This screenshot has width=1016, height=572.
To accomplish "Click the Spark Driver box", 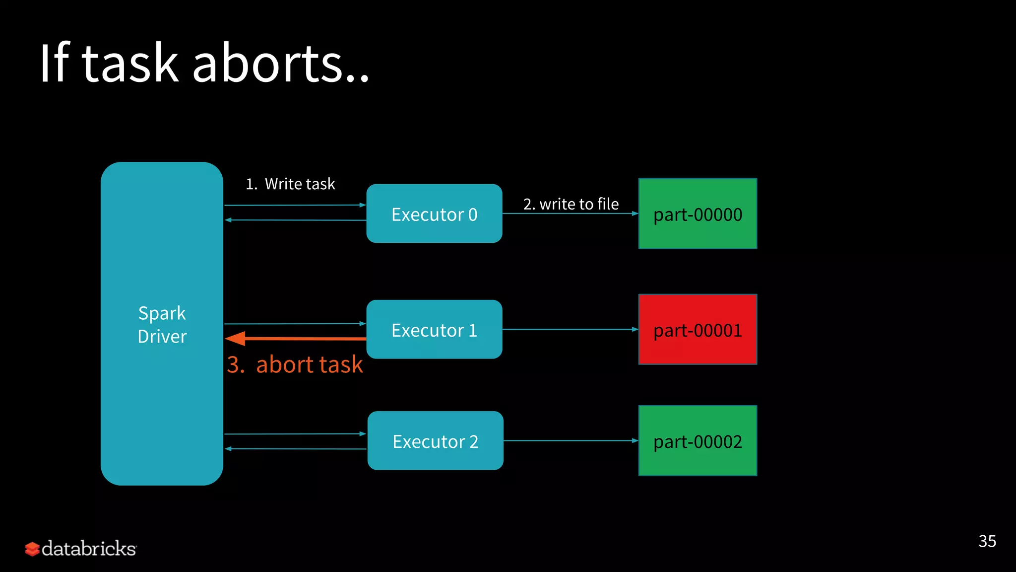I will click(x=162, y=323).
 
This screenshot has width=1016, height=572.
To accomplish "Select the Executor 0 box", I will click(x=434, y=214).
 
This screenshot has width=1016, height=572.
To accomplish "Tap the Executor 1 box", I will click(x=434, y=329).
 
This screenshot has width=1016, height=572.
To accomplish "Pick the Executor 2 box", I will click(x=435, y=440).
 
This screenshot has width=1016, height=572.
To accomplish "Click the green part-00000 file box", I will click(x=698, y=214).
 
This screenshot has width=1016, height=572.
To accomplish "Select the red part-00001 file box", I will click(x=698, y=329).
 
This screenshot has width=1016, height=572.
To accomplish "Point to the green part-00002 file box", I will click(x=698, y=440).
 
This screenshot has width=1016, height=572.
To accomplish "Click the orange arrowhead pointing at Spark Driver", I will click(x=236, y=339).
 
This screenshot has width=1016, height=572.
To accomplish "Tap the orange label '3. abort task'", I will click(x=295, y=364).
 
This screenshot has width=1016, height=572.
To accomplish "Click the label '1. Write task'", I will click(x=291, y=184).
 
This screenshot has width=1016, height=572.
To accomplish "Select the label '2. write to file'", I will click(x=571, y=204).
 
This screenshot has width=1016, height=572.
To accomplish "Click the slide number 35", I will click(x=987, y=541).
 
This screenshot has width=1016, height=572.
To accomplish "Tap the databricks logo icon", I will click(x=32, y=549).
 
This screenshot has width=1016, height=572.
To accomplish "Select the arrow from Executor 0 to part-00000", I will click(x=571, y=214).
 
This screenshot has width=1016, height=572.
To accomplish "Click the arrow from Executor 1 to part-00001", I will click(x=571, y=329).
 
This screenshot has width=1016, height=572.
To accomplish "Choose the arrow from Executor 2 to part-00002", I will click(x=571, y=440).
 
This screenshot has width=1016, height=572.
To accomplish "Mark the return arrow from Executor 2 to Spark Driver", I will click(x=296, y=449).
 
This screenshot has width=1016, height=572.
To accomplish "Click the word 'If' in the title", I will click(x=54, y=64).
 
